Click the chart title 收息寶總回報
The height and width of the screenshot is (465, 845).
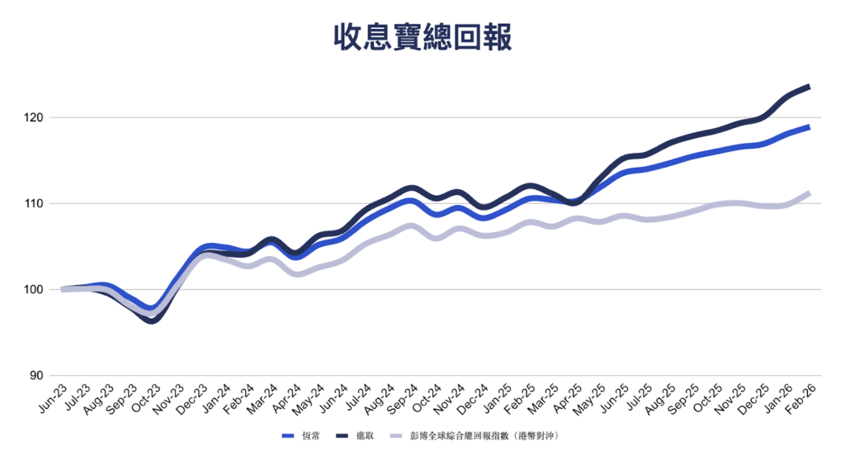point(422,37)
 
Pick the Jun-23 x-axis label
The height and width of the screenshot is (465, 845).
point(53,398)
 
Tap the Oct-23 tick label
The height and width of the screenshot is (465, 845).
point(145,398)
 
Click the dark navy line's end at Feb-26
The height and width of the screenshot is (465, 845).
point(808,87)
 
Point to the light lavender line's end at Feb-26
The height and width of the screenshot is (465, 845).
point(808,193)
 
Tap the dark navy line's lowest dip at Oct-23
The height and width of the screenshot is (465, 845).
point(152,320)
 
